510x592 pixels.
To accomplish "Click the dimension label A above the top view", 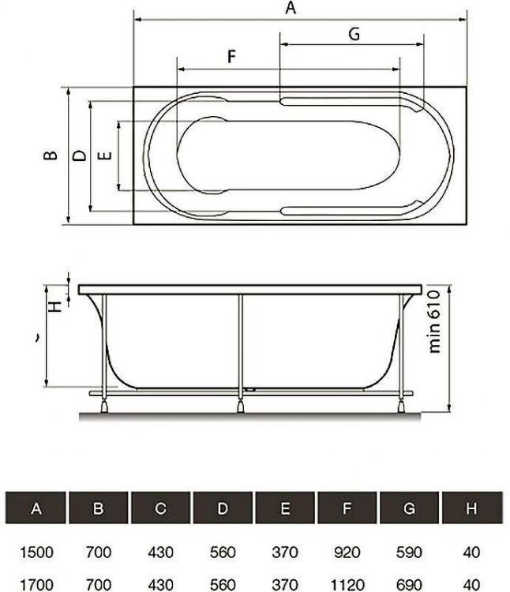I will pyautogui.click(x=290, y=9).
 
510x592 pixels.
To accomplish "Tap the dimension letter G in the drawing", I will pyautogui.click(x=354, y=34).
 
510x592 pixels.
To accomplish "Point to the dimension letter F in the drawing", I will pyautogui.click(x=231, y=56).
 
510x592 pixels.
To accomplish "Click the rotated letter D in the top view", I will pyautogui.click(x=79, y=155).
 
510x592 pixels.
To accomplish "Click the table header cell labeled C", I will pyautogui.click(x=160, y=509).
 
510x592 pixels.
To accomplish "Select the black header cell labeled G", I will pyautogui.click(x=409, y=509).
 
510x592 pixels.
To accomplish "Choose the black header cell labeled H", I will pyautogui.click(x=471, y=509).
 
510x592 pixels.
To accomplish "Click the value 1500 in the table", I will pyautogui.click(x=36, y=552).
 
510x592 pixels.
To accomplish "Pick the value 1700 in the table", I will pyautogui.click(x=36, y=585).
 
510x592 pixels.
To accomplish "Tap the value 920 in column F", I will pyautogui.click(x=347, y=552).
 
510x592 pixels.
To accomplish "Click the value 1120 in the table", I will pyautogui.click(x=347, y=585).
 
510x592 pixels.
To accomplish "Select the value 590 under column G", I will pyautogui.click(x=409, y=552).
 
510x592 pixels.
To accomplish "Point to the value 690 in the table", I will pyautogui.click(x=409, y=585).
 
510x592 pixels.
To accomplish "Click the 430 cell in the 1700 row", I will pyautogui.click(x=160, y=585).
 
